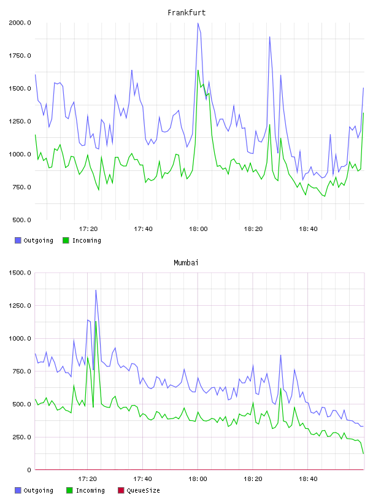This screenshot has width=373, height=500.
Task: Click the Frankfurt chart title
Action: click(x=186, y=13)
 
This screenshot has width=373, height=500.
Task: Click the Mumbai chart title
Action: click(x=186, y=263)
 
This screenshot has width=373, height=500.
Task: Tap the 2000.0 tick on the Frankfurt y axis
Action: click(x=20, y=23)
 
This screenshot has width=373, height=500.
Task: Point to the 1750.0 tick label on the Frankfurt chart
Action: click(x=20, y=56)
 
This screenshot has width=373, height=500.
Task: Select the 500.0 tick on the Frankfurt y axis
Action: click(x=21, y=220)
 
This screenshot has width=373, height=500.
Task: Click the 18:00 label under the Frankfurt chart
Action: click(x=198, y=229)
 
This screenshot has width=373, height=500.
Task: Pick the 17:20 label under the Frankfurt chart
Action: click(x=88, y=229)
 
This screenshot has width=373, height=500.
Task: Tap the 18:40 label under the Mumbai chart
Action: click(x=308, y=479)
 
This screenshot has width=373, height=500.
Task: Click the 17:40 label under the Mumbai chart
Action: click(x=142, y=479)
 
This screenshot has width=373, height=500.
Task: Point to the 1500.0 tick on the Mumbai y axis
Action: click(x=20, y=273)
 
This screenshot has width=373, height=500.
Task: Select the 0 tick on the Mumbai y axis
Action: click(x=29, y=470)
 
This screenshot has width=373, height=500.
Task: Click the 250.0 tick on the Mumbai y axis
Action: click(x=21, y=437)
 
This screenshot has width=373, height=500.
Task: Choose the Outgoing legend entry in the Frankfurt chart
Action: click(x=34, y=240)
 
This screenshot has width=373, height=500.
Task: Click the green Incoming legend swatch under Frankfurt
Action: click(x=66, y=240)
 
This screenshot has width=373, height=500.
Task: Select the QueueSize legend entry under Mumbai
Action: click(x=139, y=490)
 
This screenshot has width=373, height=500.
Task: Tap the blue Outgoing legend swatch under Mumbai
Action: click(x=18, y=490)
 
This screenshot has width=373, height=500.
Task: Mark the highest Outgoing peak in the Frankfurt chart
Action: click(x=198, y=23)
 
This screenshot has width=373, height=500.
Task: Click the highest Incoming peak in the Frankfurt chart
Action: click(x=198, y=70)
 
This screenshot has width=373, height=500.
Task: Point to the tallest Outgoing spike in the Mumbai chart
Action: click(x=96, y=290)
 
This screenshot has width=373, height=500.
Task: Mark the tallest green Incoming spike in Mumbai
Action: click(x=96, y=322)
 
